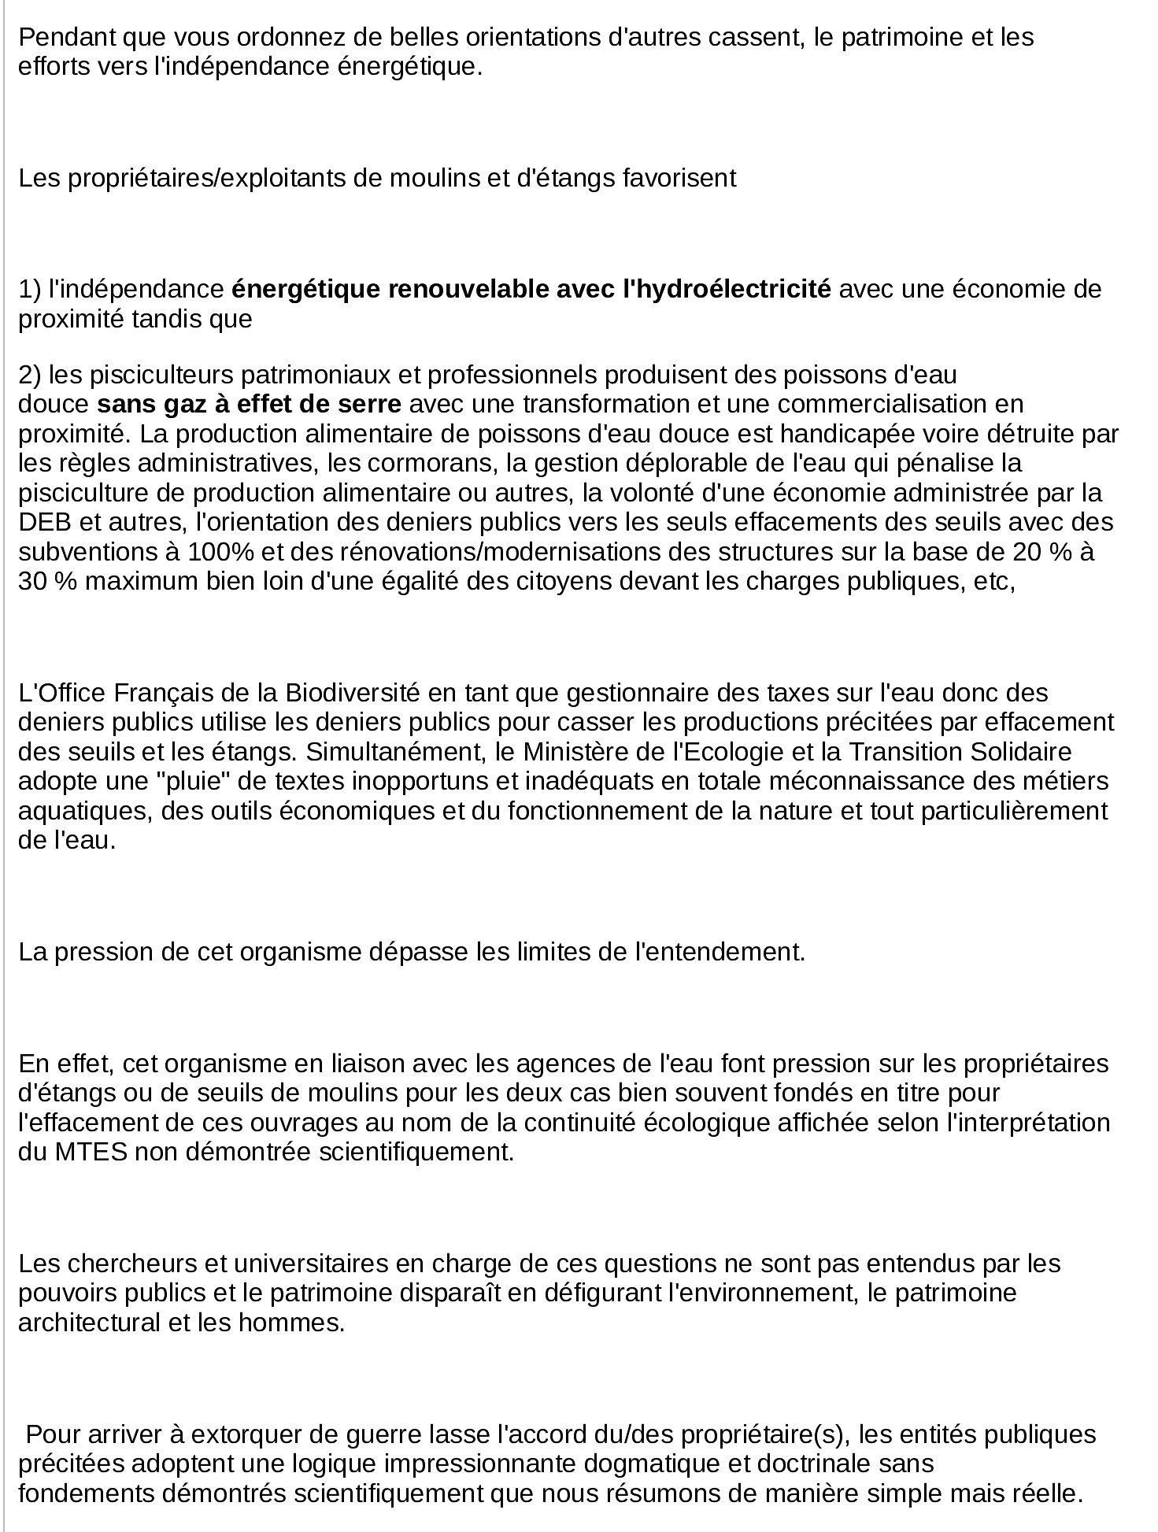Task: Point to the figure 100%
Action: coord(220,552)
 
